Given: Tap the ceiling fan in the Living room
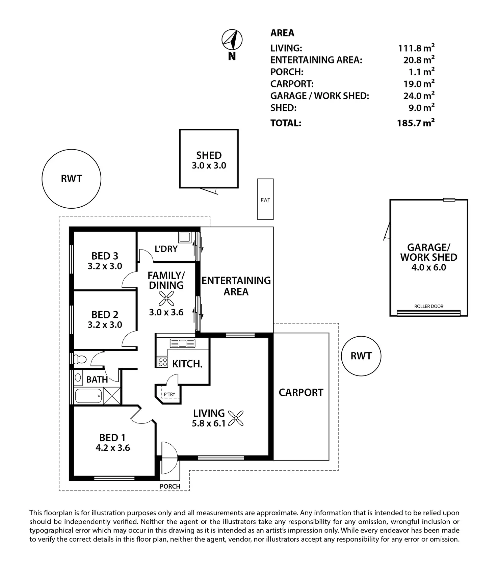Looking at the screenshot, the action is pos(236,418).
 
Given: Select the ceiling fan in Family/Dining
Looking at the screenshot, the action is pos(166,298).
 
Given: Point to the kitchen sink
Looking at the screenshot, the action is pos(183,343).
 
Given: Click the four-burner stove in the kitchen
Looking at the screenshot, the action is pos(163,362).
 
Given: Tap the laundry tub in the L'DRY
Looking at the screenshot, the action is pos(185,237).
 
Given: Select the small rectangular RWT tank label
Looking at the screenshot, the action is pos(265,200).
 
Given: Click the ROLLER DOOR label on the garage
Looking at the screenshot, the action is pos(428,306).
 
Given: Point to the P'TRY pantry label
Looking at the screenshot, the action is pos(169,394).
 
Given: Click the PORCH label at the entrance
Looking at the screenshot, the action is pos(170,486).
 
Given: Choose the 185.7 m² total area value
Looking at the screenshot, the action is pos(415,123).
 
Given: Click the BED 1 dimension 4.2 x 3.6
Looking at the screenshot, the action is pos(112,448).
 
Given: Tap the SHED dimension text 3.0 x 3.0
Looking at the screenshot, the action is pos(209,165).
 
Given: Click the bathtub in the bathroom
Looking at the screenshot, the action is pos(88,395).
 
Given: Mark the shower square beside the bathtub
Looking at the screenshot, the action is pos(111,395).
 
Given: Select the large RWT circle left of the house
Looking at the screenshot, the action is pos(71,179).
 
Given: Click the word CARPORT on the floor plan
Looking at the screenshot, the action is pos(301,392).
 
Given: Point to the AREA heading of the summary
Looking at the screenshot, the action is pos(282,33).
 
